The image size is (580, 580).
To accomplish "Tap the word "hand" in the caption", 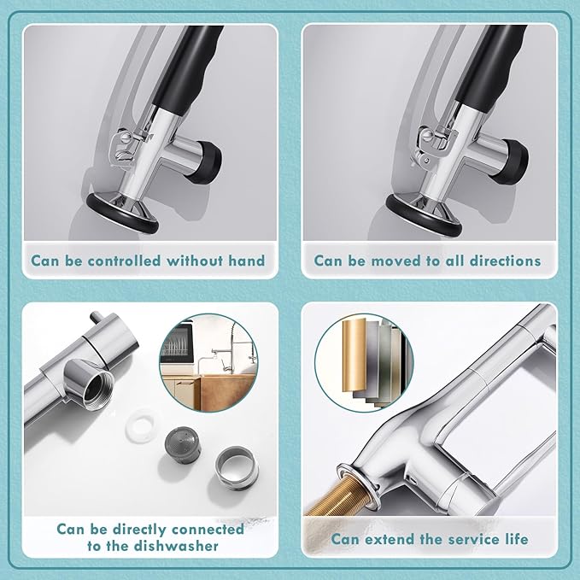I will (243, 261).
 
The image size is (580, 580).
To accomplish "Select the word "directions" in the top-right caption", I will (499, 261).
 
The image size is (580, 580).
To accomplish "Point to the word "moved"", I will (388, 261).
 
